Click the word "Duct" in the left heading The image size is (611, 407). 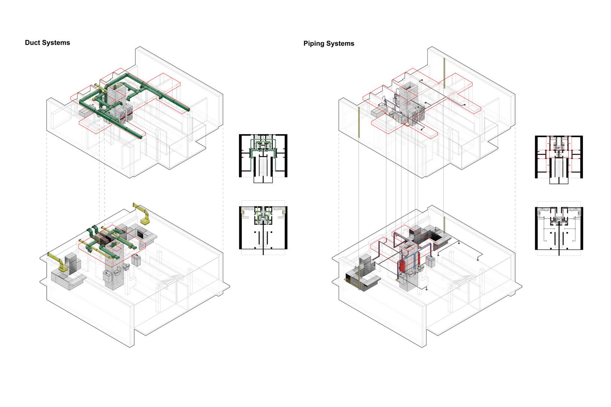tap(33, 43)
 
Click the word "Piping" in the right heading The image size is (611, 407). tap(313, 44)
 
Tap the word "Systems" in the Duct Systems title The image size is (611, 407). tap(56, 43)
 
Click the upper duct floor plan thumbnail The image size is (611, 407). tap(263, 158)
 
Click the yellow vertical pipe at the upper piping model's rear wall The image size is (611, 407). tap(444, 73)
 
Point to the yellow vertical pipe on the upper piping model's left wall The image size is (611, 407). tap(359, 122)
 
